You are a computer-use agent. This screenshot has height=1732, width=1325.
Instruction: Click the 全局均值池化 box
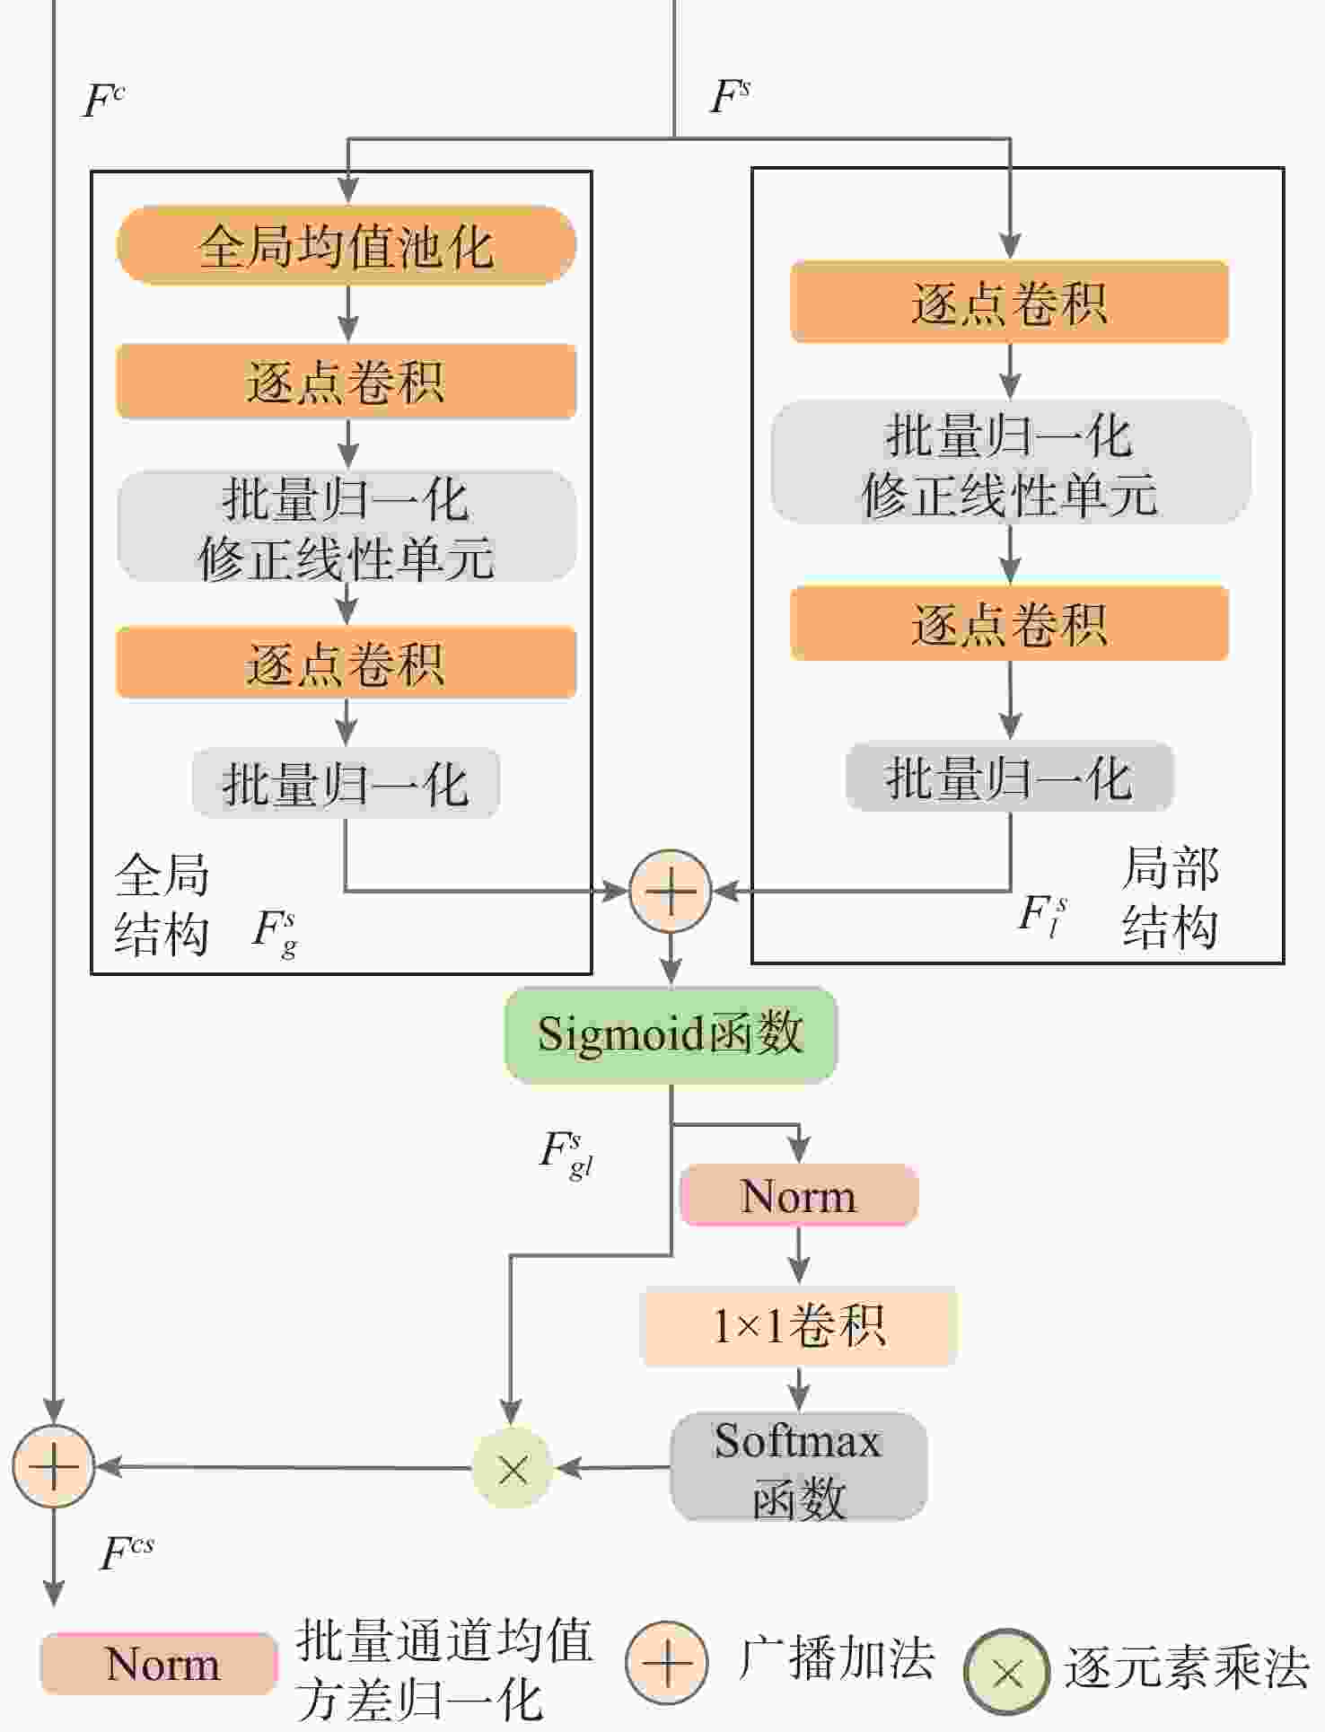(x=347, y=245)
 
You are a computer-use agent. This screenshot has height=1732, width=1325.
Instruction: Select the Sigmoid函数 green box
(x=671, y=1034)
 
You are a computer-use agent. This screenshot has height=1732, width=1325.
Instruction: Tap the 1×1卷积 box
(x=799, y=1326)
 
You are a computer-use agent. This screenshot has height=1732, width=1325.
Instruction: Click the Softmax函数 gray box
(x=799, y=1466)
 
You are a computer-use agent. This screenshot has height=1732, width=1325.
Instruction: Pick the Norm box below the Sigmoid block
(x=799, y=1195)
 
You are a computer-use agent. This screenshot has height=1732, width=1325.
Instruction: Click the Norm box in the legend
(x=159, y=1664)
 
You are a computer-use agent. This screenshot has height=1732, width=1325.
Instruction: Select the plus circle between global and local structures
(x=671, y=891)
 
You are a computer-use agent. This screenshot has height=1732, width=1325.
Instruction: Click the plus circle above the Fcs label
(x=54, y=1466)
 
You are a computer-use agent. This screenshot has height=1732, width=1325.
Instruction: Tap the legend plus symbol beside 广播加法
(x=667, y=1663)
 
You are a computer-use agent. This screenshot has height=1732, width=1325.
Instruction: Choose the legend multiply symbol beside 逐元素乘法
(x=1007, y=1672)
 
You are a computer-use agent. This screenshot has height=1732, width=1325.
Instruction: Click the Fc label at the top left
(x=103, y=101)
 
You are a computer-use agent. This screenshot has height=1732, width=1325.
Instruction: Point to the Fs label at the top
(x=730, y=96)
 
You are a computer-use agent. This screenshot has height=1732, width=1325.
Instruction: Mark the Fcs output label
(x=127, y=1552)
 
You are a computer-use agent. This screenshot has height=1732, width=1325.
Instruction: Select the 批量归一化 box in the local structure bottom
(x=1010, y=777)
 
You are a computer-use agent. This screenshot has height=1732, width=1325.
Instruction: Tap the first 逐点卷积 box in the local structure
(x=1010, y=302)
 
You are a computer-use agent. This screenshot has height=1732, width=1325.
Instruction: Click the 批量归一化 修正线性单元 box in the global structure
(x=347, y=526)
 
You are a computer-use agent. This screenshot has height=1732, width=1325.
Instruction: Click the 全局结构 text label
(x=162, y=904)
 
